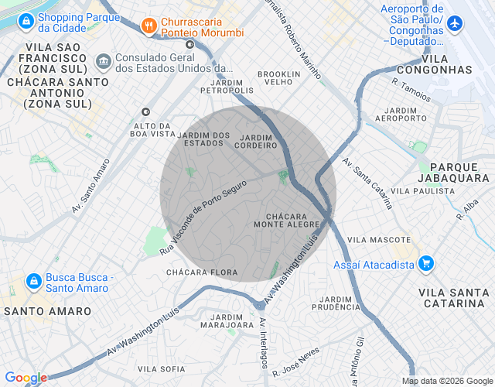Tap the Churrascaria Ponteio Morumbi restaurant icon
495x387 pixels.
click(x=148, y=26)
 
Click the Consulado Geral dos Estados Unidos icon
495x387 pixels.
click(x=102, y=60)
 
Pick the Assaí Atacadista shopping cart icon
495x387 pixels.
click(x=425, y=264)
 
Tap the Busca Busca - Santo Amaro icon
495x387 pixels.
click(x=33, y=280)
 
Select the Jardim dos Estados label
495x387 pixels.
click(x=204, y=139)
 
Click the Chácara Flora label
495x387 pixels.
click(x=202, y=272)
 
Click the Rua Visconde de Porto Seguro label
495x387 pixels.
click(x=203, y=218)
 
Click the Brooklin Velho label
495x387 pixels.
click(x=278, y=77)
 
